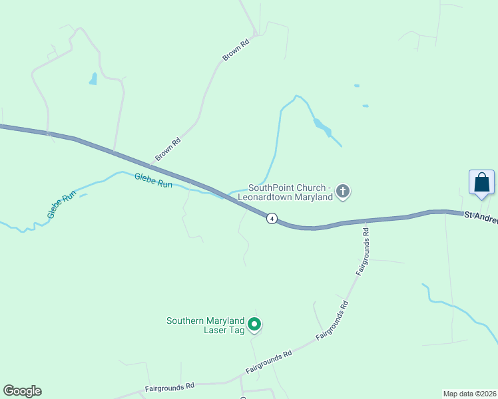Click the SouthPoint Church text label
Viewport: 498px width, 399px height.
tap(290, 192)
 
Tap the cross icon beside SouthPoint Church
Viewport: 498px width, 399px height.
tap(343, 192)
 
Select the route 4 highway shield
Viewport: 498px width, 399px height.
tap(272, 218)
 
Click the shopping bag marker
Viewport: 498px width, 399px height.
tap(481, 182)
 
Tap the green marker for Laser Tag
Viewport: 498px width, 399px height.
tap(254, 325)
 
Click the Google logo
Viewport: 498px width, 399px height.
tap(22, 391)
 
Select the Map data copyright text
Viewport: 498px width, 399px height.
tap(469, 394)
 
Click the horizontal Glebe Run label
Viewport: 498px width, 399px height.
tap(153, 180)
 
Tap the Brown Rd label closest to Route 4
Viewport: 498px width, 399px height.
tap(168, 149)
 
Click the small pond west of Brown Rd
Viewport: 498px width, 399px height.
tap(93, 79)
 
